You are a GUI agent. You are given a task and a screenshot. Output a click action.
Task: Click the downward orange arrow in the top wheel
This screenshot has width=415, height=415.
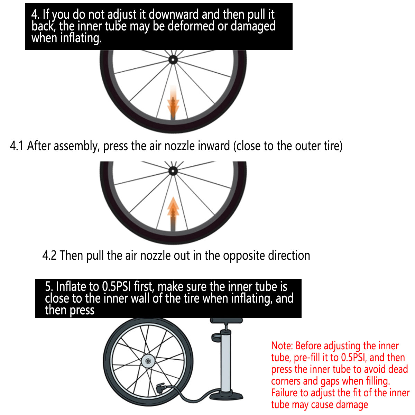click(x=173, y=101)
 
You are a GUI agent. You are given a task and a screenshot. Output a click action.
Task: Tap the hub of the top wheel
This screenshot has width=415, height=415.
click(x=173, y=59)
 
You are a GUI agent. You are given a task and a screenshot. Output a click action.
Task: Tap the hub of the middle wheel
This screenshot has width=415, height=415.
click(x=173, y=171)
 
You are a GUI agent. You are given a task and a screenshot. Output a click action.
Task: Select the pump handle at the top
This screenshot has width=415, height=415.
click(x=226, y=321)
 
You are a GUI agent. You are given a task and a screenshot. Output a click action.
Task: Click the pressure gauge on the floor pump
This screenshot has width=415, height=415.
click(x=216, y=338)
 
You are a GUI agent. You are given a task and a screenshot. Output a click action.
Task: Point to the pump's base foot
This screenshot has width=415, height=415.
click(x=226, y=396)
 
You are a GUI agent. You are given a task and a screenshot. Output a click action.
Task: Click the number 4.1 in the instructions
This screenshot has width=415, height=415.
click(x=16, y=146)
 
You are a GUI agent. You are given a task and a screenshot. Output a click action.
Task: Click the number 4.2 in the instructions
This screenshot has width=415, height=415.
click(x=49, y=256)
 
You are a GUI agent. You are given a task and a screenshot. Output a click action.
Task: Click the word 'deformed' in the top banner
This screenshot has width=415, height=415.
click(x=191, y=26)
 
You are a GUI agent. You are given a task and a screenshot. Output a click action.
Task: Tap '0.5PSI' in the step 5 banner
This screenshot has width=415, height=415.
click(x=116, y=287)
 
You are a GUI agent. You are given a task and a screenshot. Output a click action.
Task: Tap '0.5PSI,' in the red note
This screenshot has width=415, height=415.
click(x=354, y=358)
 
